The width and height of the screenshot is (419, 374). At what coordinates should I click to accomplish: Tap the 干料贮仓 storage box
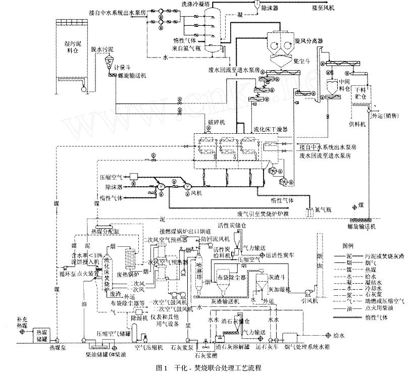(360, 91)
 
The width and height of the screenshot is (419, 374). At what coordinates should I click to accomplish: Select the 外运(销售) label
(386, 115)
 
